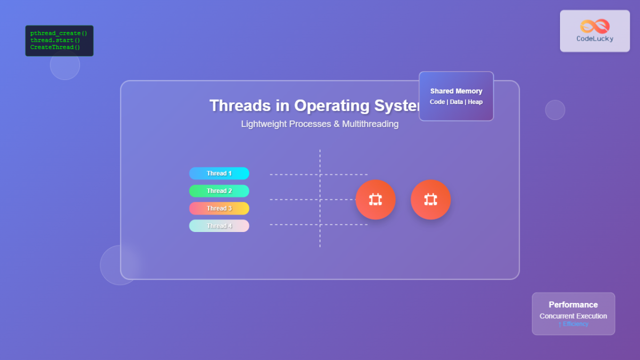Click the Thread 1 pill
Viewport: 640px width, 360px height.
point(219,173)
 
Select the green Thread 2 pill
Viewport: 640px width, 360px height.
point(219,191)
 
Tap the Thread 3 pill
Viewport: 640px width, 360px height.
point(219,209)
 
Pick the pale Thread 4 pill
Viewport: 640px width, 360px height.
point(219,226)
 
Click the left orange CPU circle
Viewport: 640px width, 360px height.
point(375,199)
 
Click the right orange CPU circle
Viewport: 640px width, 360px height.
point(431,199)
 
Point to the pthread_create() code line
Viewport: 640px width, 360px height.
point(59,33)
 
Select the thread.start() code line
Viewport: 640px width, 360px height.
point(55,40)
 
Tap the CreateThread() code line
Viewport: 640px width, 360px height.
point(55,47)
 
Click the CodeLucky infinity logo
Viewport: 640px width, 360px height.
point(595,26)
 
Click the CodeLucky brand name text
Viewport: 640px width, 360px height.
point(595,38)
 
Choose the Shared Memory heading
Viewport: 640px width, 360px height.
point(456,91)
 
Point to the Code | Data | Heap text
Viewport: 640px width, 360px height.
point(456,102)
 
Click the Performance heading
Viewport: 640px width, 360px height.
point(573,305)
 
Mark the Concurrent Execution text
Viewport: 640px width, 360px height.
point(573,316)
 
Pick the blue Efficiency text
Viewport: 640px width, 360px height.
point(573,324)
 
